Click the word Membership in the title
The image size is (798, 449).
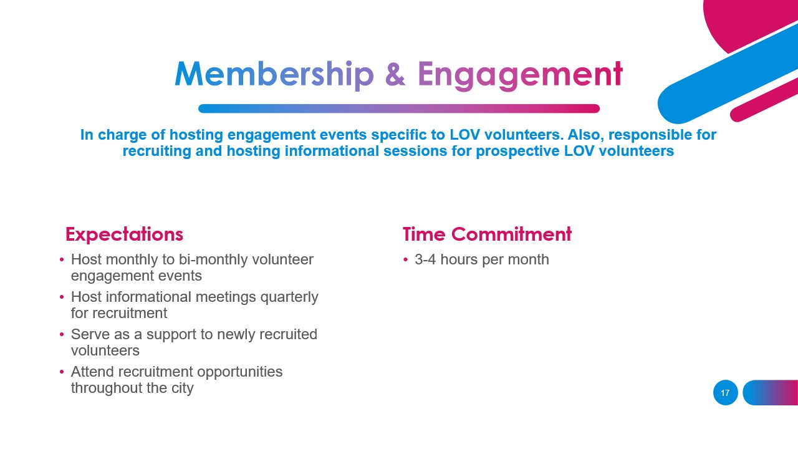click(x=274, y=74)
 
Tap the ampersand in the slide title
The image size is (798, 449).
click(x=395, y=74)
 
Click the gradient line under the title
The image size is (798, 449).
click(x=399, y=109)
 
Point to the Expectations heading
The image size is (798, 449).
click(x=124, y=234)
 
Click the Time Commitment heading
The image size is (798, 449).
click(x=487, y=234)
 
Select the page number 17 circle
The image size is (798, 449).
click(x=725, y=393)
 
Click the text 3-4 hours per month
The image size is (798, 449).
click(x=481, y=259)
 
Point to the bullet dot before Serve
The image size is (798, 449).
click(x=62, y=335)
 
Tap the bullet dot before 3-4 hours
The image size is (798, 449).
click(x=405, y=260)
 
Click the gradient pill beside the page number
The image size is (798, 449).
click(x=771, y=393)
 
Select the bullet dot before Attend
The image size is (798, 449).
click(x=62, y=372)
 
